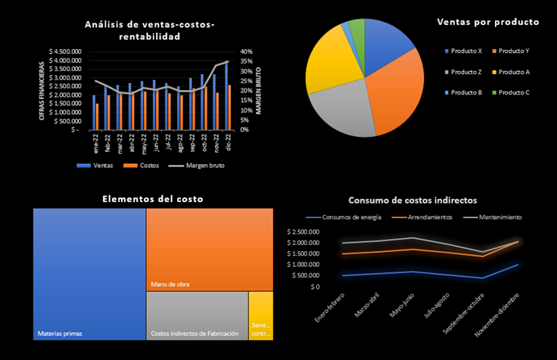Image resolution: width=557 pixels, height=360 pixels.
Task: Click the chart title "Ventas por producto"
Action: click(x=488, y=22)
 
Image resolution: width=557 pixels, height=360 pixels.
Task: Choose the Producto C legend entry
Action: click(x=514, y=92)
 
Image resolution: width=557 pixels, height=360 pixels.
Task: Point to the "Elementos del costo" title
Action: click(x=152, y=199)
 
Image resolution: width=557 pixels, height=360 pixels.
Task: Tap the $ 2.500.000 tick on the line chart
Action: click(x=308, y=231)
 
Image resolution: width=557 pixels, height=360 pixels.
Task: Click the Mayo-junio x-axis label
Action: click(x=400, y=306)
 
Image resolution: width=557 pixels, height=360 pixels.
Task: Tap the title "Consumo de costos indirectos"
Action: click(x=412, y=200)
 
